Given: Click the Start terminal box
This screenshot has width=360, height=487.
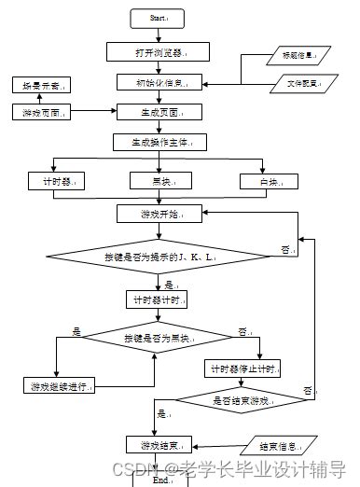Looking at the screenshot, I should pos(158,18).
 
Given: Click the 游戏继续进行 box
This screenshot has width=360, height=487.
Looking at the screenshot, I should pos(57,385).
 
